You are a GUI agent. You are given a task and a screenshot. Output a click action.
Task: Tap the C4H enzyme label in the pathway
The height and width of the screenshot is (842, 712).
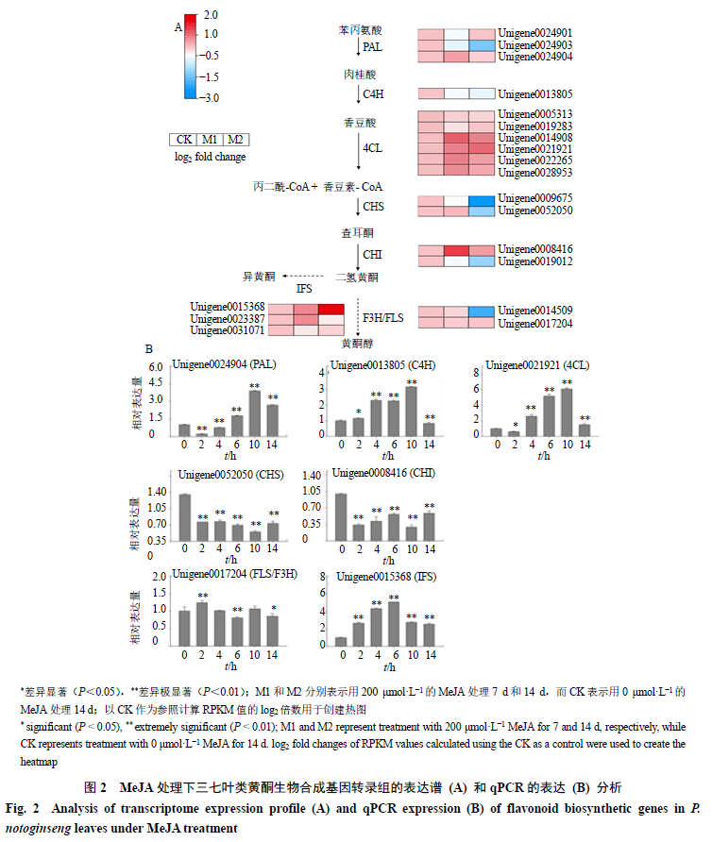[x=375, y=94]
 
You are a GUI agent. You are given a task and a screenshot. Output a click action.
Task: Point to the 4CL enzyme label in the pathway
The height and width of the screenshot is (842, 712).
[x=373, y=148]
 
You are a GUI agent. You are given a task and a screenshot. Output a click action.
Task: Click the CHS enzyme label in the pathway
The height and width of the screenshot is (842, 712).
[x=374, y=206]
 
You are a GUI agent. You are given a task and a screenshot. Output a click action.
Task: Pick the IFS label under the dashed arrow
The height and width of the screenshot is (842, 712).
[x=304, y=289]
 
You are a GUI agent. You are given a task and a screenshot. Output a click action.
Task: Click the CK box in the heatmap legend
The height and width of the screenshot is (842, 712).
[x=184, y=140]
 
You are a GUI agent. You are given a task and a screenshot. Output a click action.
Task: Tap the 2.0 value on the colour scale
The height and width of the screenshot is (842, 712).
[x=212, y=16]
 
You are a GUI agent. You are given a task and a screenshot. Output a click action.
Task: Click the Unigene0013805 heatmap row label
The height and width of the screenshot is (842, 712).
[x=534, y=94]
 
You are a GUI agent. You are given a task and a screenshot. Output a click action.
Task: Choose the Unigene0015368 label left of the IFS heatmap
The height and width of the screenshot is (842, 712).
[x=227, y=307]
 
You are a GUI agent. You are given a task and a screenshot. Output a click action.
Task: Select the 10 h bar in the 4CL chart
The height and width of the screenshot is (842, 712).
[x=568, y=411]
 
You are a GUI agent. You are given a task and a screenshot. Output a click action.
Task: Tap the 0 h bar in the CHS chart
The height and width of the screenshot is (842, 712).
[x=184, y=515]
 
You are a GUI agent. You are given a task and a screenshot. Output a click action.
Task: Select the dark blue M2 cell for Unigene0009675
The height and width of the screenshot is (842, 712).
[x=481, y=200]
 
